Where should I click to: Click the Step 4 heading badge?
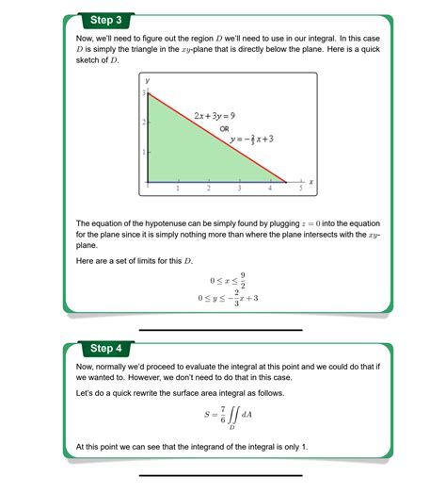tap(104, 348)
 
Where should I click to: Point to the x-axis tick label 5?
tap(301, 189)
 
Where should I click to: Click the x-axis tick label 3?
tap(240, 189)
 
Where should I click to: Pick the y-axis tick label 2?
tap(143, 123)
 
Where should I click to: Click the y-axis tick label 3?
tap(143, 93)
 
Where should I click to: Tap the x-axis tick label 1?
tap(179, 189)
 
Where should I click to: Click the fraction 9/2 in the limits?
tap(243, 280)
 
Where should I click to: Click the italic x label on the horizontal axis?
tap(311, 181)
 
